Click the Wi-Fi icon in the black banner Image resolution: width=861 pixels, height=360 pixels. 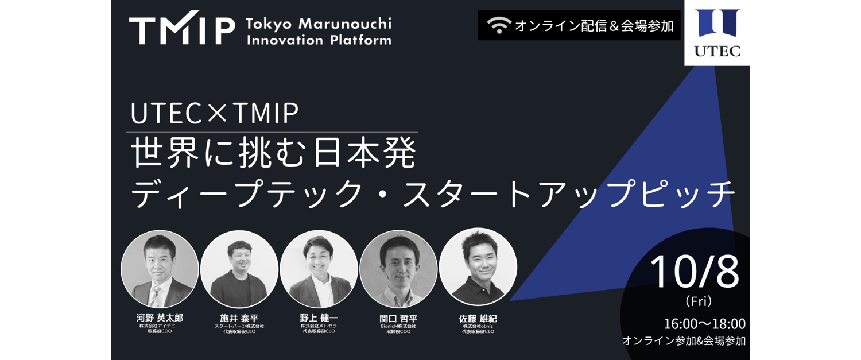pyautogui.click(x=499, y=26)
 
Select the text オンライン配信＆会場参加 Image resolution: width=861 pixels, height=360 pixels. pyautogui.click(x=594, y=26)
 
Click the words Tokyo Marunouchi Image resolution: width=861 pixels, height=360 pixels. pyautogui.click(x=318, y=24)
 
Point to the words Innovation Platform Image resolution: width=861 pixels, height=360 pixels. pyautogui.click(x=318, y=40)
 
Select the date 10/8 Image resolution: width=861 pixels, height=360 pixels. pyautogui.click(x=695, y=272)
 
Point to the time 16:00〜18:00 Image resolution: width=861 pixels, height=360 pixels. pyautogui.click(x=704, y=323)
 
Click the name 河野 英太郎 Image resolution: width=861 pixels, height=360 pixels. pyautogui.click(x=160, y=318)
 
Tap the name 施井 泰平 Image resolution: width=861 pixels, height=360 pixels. pyautogui.click(x=239, y=318)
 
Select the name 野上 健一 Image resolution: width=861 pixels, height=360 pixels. pyautogui.click(x=319, y=318)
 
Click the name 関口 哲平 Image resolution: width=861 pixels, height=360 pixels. pyautogui.click(x=398, y=318)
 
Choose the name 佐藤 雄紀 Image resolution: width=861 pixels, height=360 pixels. pyautogui.click(x=478, y=318)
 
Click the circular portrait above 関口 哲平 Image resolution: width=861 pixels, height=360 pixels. pyautogui.click(x=398, y=269)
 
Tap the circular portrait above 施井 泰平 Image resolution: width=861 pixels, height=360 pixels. pyautogui.click(x=239, y=269)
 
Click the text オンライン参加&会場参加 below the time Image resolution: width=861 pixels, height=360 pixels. pyautogui.click(x=684, y=340)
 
